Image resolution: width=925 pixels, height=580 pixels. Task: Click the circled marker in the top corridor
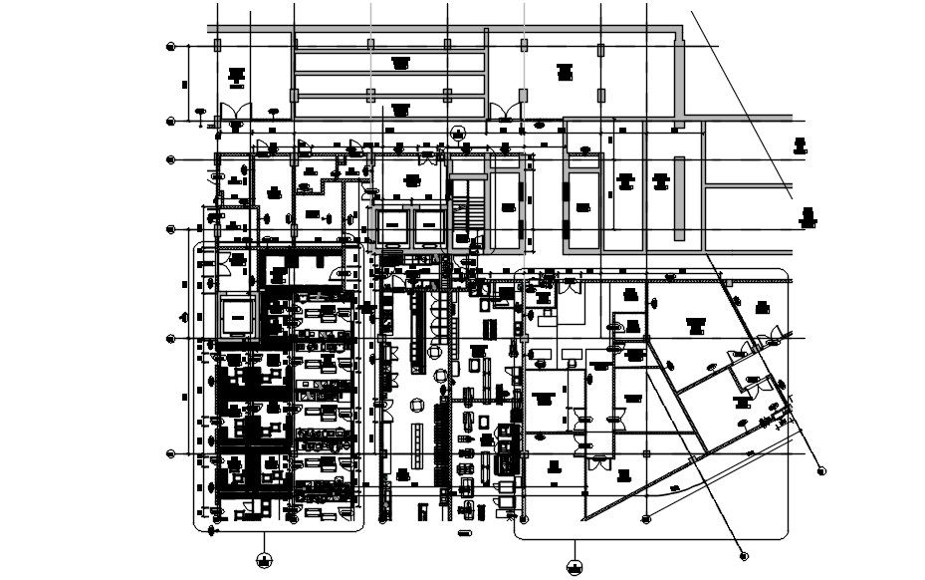tap(458, 133)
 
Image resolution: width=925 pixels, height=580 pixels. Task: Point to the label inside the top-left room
tap(236, 75)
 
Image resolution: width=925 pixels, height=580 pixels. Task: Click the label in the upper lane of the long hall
tap(401, 62)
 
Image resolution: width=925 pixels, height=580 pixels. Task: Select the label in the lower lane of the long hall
tap(401, 107)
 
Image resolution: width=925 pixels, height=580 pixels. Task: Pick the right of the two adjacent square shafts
tap(429, 227)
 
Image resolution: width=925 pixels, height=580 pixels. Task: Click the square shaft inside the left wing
tap(237, 317)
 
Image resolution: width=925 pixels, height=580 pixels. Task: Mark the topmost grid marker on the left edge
tap(171, 46)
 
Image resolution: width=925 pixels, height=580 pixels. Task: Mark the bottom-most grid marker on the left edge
tap(171, 453)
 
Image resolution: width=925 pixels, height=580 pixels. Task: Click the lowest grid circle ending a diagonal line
tap(743, 556)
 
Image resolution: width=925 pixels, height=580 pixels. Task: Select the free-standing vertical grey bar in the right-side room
tap(680, 198)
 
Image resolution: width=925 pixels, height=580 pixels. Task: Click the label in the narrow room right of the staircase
tap(509, 207)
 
